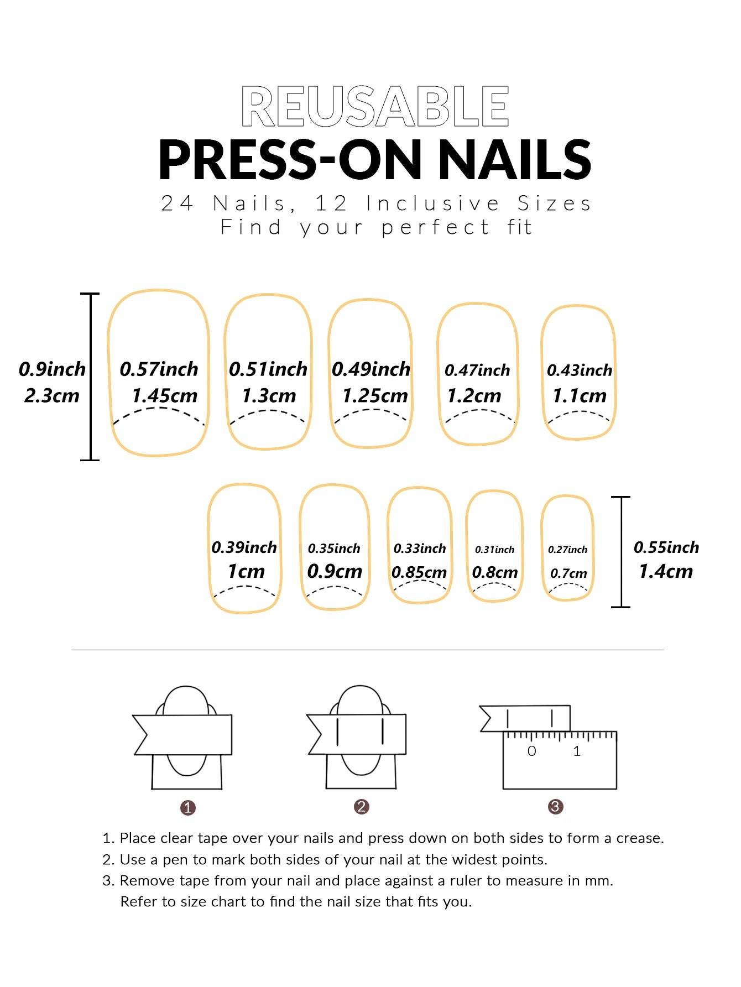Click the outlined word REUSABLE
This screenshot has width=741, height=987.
[x=375, y=106]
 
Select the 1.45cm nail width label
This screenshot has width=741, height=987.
[x=164, y=396]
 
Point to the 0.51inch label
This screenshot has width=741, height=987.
[x=268, y=369]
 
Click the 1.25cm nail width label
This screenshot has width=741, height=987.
[x=375, y=396]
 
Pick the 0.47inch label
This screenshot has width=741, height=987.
[x=477, y=370]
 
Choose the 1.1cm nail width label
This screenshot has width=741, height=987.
[x=580, y=396]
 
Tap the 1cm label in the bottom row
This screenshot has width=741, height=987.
[x=246, y=571]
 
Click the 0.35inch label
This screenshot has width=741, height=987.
[x=334, y=549]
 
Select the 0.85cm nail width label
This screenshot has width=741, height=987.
[x=419, y=572]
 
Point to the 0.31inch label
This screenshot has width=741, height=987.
[x=494, y=550]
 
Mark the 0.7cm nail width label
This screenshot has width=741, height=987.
[x=568, y=574]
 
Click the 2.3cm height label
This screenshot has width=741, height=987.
[x=52, y=396]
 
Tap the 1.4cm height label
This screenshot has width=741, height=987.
[x=666, y=571]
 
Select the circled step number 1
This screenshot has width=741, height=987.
[x=188, y=808]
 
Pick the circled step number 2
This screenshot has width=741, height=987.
[x=361, y=807]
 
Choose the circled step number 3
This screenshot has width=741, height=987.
[x=555, y=807]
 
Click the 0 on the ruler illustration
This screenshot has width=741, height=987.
[x=531, y=751]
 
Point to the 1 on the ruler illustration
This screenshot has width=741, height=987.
[x=577, y=751]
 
